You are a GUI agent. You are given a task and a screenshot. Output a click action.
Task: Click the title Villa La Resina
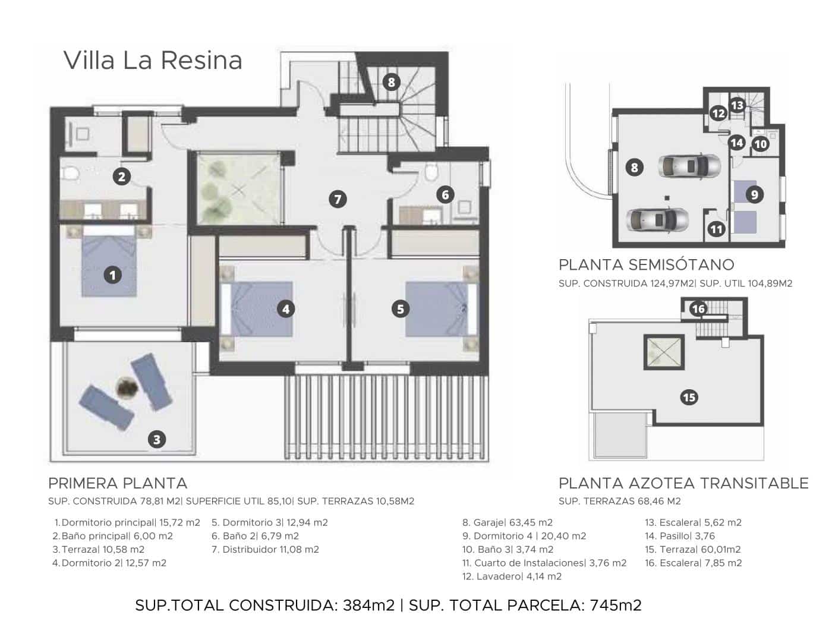click(153, 61)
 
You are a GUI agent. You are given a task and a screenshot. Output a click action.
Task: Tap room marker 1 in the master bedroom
click(112, 275)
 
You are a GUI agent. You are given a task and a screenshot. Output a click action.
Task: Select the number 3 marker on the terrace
click(157, 439)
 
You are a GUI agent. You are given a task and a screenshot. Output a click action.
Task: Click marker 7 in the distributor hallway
click(338, 199)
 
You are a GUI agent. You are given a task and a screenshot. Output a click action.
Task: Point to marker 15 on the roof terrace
click(689, 397)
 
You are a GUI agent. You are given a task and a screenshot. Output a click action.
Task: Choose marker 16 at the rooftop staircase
click(698, 308)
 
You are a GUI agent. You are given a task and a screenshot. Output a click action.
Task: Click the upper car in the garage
click(689, 166)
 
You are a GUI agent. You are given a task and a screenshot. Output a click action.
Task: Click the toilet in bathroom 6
click(431, 172)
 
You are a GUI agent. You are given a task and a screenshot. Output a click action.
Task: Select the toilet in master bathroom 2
click(71, 174)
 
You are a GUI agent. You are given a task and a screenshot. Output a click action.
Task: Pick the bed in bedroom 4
click(257, 308)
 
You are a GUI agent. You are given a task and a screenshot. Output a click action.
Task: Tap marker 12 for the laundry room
click(718, 113)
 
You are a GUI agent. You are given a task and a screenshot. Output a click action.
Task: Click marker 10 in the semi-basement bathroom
click(761, 143)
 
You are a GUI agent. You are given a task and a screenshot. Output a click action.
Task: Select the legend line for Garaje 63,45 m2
click(508, 523)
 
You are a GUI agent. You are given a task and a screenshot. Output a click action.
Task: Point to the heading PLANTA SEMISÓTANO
click(646, 264)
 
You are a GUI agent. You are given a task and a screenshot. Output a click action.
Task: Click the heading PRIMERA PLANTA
click(118, 483)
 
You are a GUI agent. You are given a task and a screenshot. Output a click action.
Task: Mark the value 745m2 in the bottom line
click(616, 606)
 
